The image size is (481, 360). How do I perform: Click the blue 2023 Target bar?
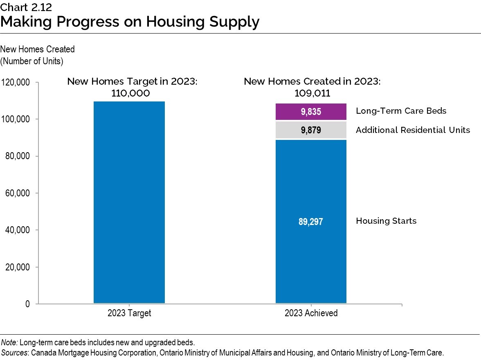pos(129,202)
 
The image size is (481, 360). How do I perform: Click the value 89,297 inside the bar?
pos(311,222)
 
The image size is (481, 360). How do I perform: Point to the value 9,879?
pos(311,130)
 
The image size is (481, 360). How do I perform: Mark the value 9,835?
pos(311,111)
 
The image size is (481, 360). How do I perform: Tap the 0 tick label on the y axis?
pos(27,304)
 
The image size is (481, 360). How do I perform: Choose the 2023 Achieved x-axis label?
pos(311,313)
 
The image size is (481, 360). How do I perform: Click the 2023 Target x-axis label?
pos(129,313)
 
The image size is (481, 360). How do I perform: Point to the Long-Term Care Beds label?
pos(401,111)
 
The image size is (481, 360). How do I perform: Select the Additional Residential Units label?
pos(413,130)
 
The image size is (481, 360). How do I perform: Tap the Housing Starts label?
pos(386,221)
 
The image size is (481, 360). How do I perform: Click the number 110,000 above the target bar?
pos(130,93)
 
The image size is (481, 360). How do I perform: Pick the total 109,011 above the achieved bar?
pos(312,93)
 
